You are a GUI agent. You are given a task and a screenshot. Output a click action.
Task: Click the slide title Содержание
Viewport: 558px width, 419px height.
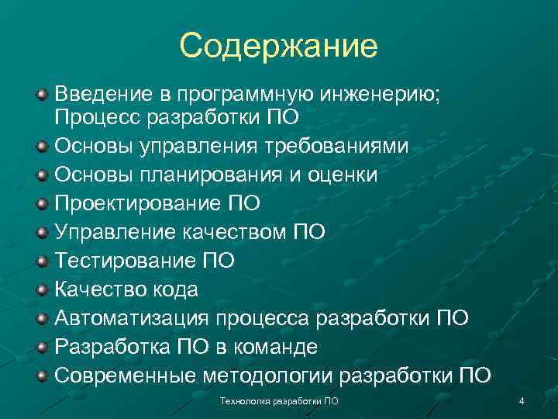pyautogui.click(x=278, y=46)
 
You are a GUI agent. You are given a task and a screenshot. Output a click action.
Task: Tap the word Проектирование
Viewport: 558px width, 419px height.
pyautogui.click(x=134, y=204)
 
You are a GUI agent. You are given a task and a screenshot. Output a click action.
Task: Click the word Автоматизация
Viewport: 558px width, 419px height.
pyautogui.click(x=134, y=319)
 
